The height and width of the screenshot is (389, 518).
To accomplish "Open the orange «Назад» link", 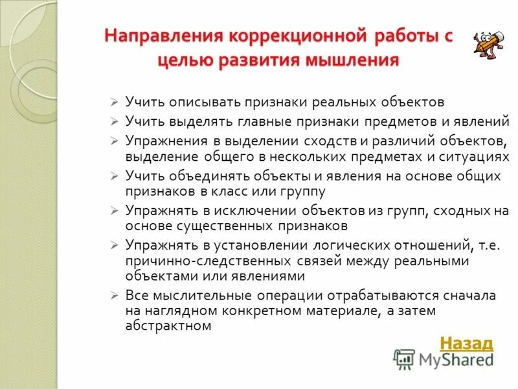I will (466, 343).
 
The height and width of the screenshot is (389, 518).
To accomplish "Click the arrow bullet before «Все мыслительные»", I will (113, 295).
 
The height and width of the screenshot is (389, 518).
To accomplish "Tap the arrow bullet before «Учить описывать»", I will (113, 102).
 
